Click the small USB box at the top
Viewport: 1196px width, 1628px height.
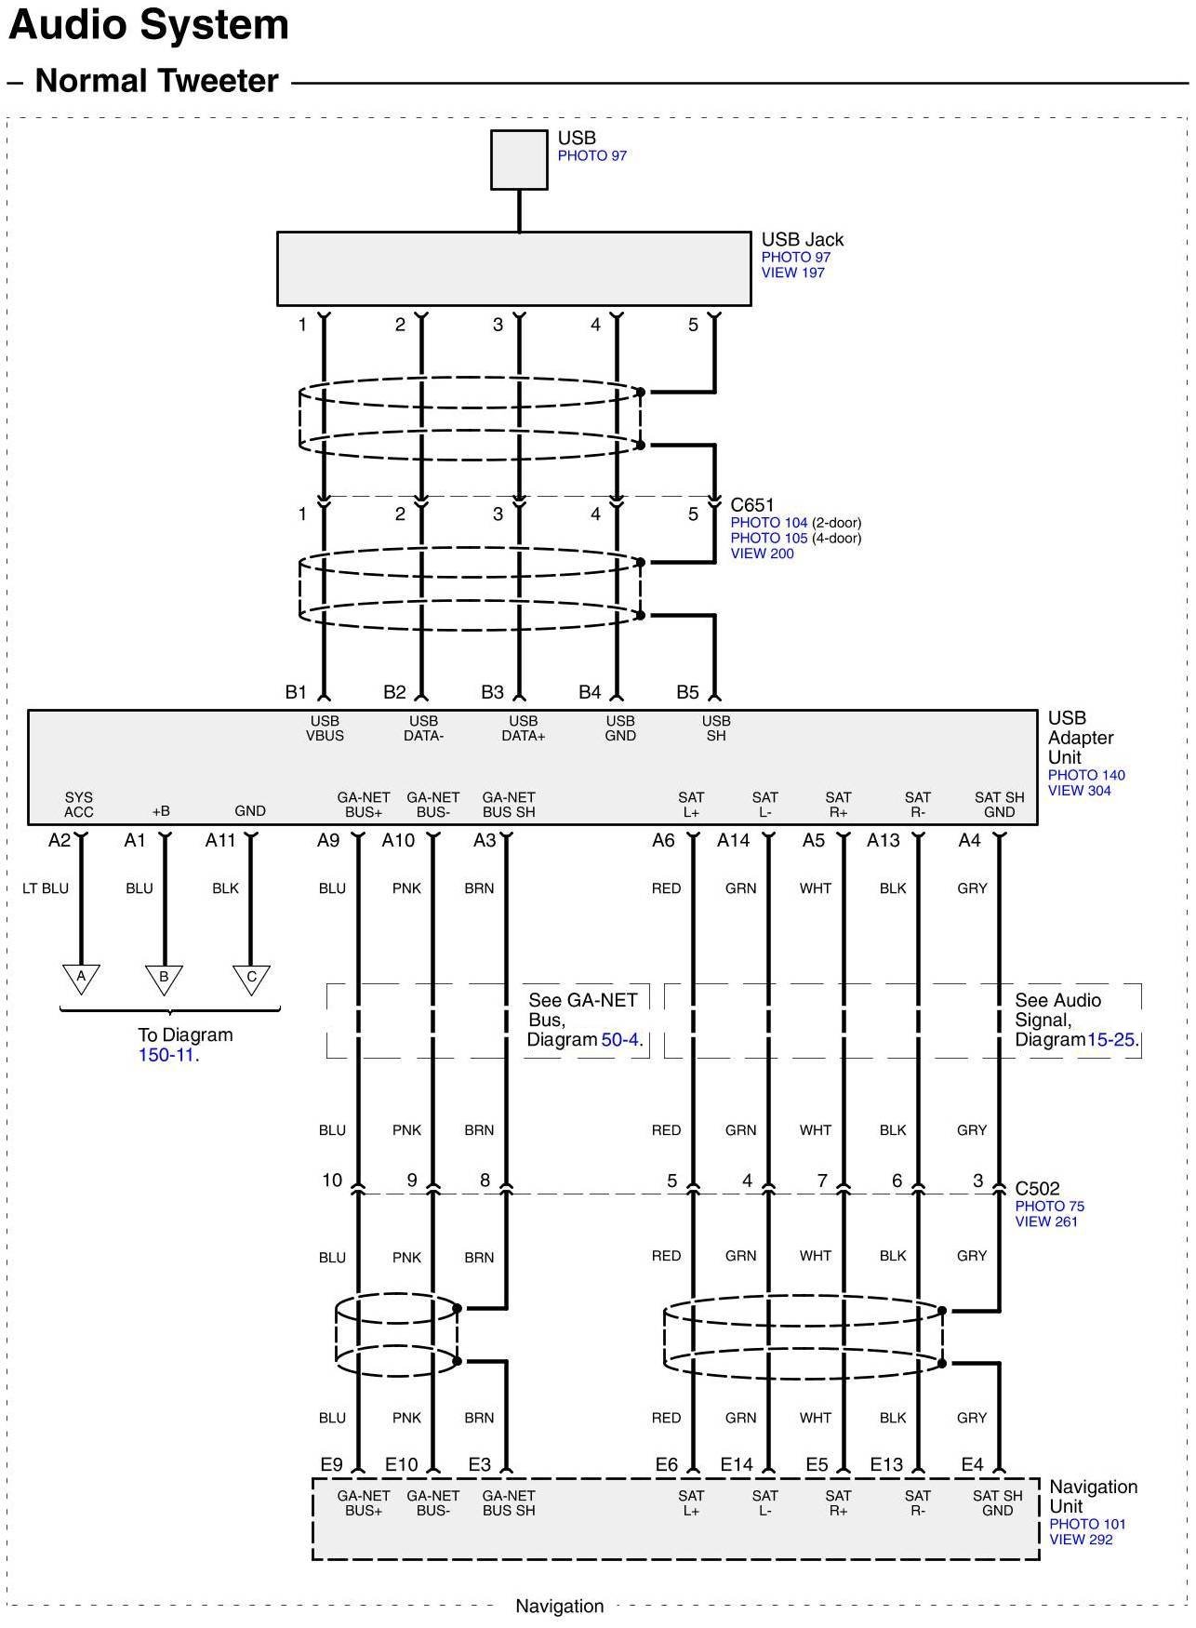pyautogui.click(x=519, y=160)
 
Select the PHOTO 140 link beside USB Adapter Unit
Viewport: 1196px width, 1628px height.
pyautogui.click(x=1086, y=775)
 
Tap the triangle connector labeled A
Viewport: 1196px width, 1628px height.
pyautogui.click(x=81, y=979)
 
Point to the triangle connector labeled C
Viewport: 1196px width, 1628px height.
pyautogui.click(x=251, y=979)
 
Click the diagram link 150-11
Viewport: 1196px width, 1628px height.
pyautogui.click(x=167, y=1055)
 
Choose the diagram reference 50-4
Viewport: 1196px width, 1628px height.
pyautogui.click(x=620, y=1039)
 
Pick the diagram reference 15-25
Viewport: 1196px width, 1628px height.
pyautogui.click(x=1111, y=1039)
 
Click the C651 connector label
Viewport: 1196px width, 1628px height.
pyautogui.click(x=752, y=505)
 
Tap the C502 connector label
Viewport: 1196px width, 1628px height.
pyautogui.click(x=1037, y=1188)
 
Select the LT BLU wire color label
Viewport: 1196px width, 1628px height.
pyautogui.click(x=46, y=888)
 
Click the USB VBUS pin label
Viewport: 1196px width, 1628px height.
pyautogui.click(x=325, y=728)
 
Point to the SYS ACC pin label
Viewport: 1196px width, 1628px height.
pyautogui.click(x=79, y=805)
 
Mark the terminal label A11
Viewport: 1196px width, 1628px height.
pyautogui.click(x=220, y=840)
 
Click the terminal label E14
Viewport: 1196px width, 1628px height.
pyautogui.click(x=737, y=1464)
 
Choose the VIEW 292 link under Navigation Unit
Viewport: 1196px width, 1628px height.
pyautogui.click(x=1082, y=1540)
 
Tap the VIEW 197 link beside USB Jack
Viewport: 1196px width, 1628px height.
pyautogui.click(x=793, y=273)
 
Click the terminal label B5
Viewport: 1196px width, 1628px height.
pyautogui.click(x=687, y=692)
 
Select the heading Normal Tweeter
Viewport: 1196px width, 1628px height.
pyautogui.click(x=156, y=81)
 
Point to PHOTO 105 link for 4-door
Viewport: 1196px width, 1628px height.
pyautogui.click(x=769, y=538)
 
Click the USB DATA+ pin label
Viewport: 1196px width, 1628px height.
pyautogui.click(x=524, y=728)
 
